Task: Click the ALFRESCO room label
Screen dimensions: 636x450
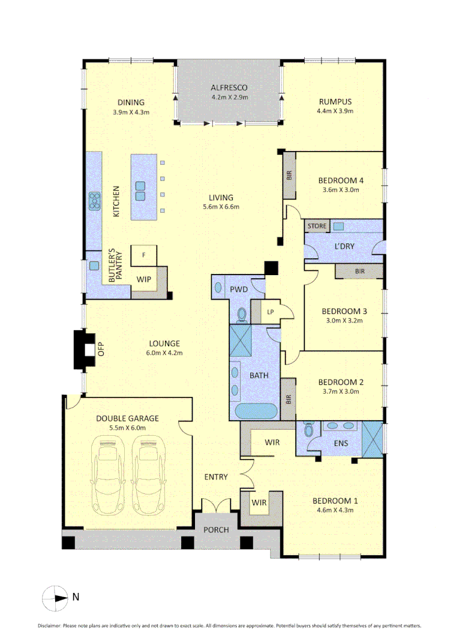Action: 229,87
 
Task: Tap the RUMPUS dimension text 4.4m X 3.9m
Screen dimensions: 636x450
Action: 335,111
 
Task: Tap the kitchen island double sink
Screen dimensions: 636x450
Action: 140,190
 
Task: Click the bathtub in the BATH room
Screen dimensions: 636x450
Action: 255,412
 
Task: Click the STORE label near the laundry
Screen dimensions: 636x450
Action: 317,226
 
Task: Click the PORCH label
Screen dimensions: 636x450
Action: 216,529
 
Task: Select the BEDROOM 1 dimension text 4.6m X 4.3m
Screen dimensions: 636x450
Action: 333,510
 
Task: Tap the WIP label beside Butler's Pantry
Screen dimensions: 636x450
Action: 143,279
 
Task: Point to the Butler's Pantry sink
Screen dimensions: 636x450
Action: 94,266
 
